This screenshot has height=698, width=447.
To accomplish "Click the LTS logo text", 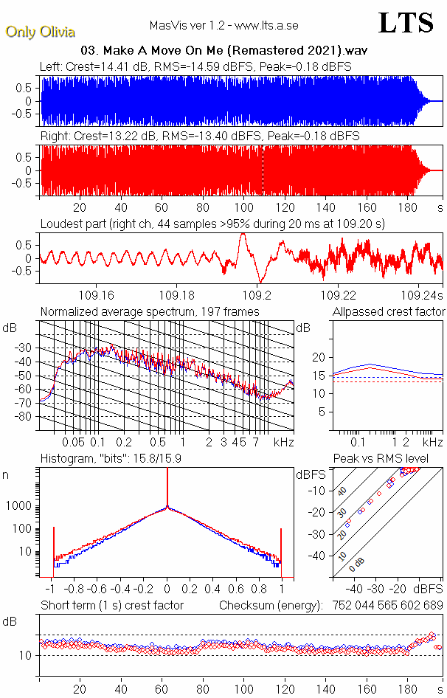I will (x=406, y=23).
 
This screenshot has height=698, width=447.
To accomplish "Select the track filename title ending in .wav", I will (x=223, y=50).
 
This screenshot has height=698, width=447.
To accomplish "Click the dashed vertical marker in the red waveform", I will (x=263, y=170).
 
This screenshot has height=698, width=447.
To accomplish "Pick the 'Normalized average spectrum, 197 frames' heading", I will (x=150, y=311).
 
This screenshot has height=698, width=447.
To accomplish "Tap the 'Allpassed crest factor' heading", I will (x=389, y=311).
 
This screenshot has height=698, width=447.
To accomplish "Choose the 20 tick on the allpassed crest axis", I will (x=319, y=357).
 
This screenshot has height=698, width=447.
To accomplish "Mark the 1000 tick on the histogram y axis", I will (x=19, y=506).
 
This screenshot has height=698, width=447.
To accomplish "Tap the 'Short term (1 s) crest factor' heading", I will (x=111, y=605).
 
